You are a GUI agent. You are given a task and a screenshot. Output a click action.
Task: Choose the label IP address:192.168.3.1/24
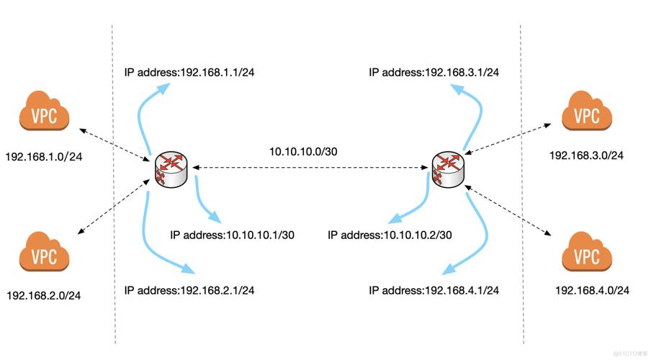(x=434, y=72)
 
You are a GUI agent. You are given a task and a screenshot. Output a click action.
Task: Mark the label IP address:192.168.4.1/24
(x=434, y=290)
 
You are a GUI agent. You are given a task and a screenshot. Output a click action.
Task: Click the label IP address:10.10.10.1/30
(x=232, y=235)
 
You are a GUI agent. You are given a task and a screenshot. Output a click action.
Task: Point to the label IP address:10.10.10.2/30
(x=390, y=235)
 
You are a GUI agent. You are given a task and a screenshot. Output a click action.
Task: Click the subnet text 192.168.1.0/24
(x=43, y=156)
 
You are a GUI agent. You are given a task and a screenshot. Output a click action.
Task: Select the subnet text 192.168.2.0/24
(x=43, y=295)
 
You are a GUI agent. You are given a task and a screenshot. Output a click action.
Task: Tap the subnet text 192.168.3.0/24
(x=586, y=155)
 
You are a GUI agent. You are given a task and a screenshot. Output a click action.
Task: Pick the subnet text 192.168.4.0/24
(x=593, y=290)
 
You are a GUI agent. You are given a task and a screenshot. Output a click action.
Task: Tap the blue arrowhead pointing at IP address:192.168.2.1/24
(x=188, y=270)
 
